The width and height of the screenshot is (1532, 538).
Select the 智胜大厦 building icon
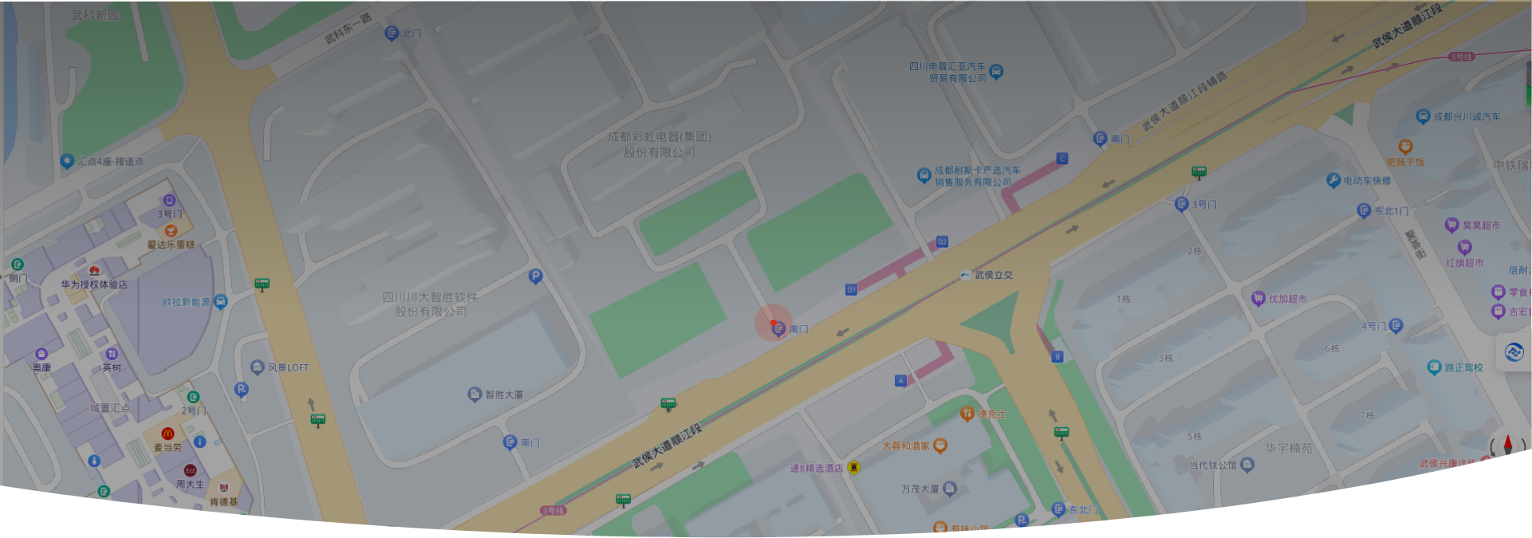(475, 394)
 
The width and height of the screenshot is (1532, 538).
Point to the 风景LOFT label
(288, 367)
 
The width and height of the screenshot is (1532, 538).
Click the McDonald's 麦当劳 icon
(167, 434)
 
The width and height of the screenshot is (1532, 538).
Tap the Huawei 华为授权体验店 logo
(95, 270)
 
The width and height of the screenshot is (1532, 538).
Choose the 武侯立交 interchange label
(993, 275)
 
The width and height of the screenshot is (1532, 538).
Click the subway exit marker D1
(851, 289)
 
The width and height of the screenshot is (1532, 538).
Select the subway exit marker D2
(942, 242)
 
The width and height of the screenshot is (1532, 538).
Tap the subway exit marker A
(900, 381)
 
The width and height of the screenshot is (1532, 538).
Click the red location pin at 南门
(774, 323)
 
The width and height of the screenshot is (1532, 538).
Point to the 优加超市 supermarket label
(1287, 299)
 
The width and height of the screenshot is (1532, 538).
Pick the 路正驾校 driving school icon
(1434, 367)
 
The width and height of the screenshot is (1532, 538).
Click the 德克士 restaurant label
(991, 414)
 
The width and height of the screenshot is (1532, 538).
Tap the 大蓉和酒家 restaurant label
(906, 446)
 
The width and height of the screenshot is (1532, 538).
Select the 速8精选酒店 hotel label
(816, 468)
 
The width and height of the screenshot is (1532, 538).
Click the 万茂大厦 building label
(920, 489)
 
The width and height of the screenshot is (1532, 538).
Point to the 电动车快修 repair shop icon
(1333, 180)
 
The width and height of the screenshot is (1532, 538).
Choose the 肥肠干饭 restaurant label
(1405, 162)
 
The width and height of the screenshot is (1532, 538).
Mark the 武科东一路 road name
(348, 29)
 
